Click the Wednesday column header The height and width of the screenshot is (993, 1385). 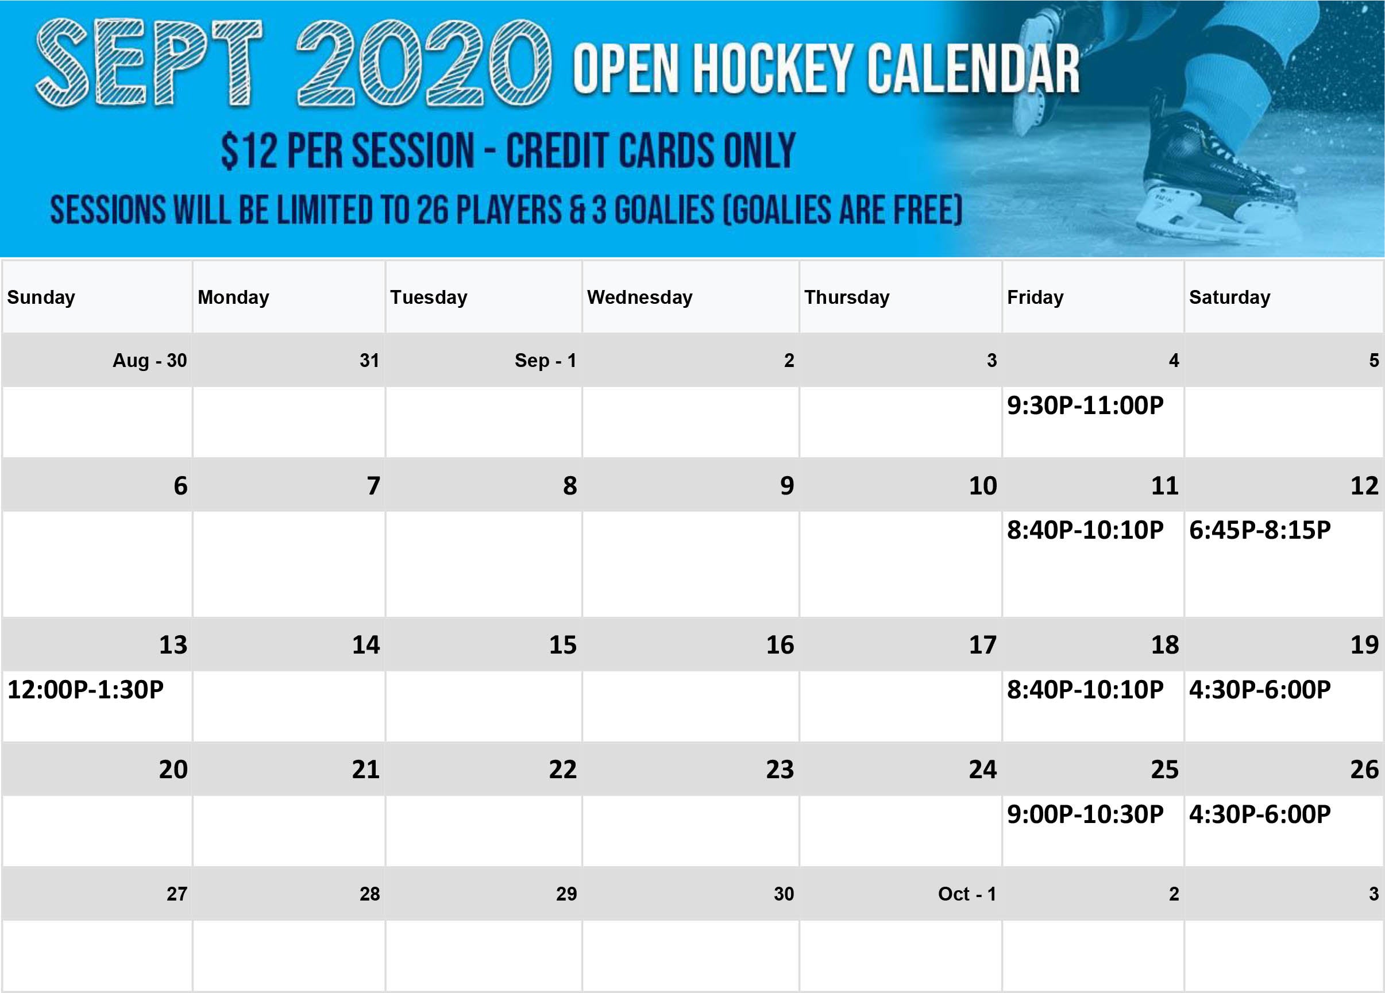639,297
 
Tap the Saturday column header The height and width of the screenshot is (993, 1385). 1229,297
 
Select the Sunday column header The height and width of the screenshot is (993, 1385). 41,297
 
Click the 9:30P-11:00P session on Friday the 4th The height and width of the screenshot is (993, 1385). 1085,405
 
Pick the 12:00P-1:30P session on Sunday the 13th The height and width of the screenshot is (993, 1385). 86,690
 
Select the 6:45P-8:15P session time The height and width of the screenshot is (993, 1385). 1260,530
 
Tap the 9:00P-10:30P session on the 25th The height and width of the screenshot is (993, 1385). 1085,814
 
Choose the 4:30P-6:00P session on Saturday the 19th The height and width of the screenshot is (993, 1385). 1260,690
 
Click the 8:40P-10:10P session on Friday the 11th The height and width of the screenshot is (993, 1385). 1085,530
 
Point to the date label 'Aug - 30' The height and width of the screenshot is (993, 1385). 149,360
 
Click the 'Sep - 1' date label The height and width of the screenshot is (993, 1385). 545,360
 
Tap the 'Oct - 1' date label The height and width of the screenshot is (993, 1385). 967,894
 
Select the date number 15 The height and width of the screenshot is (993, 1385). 562,645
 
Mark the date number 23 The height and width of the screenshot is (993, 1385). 780,770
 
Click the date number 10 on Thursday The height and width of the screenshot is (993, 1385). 982,486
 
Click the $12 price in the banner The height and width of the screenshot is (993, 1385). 249,151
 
